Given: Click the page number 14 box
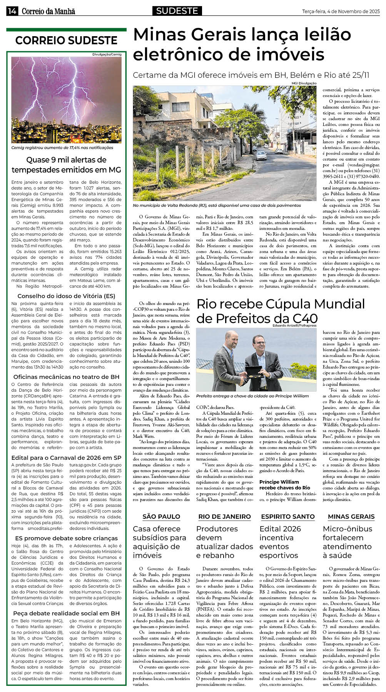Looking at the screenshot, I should [12, 12].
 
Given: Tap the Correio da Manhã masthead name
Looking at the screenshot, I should [48, 12].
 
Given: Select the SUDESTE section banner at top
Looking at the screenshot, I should [177, 11].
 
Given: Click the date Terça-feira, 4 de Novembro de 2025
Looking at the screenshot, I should [341, 12].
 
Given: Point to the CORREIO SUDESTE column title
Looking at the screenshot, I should [66, 40].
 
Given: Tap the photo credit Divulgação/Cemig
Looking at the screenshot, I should [107, 54].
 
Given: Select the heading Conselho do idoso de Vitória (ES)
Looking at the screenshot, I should [66, 296].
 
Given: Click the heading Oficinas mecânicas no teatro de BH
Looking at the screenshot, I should [66, 377].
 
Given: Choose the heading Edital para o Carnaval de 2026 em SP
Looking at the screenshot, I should [66, 458].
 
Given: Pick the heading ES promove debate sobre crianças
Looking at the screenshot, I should [66, 538].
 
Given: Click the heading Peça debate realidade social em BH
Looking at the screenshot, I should [66, 613].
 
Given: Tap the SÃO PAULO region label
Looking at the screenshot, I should [161, 516].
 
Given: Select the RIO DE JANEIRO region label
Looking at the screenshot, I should [224, 516].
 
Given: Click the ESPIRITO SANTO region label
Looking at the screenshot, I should [287, 516].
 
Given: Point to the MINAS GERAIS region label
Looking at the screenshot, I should [351, 516].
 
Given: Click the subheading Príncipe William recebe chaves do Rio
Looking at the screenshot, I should [284, 484].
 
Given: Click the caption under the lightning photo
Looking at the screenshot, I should [62, 147].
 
